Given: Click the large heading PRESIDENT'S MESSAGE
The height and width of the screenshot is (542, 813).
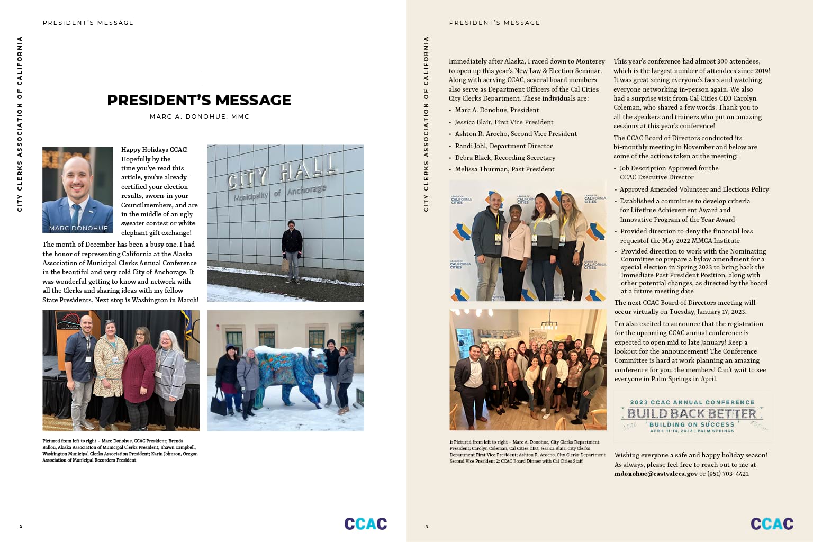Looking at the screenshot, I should (199, 100).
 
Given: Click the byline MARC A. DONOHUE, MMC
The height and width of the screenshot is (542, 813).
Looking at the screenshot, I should (200, 116).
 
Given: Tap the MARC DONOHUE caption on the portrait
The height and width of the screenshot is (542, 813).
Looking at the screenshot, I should (78, 228).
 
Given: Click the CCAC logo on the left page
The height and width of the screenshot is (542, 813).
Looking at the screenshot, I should (365, 524).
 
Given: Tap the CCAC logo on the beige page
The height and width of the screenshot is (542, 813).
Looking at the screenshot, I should (772, 524).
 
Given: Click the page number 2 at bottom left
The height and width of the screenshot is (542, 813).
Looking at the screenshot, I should (21, 527).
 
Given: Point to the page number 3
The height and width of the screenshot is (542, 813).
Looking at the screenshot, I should (427, 527).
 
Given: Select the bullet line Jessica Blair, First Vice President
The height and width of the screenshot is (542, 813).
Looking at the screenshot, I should (504, 122).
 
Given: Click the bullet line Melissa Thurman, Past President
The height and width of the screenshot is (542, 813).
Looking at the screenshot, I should (504, 169).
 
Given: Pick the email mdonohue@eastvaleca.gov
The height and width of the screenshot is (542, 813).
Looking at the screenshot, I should (656, 474).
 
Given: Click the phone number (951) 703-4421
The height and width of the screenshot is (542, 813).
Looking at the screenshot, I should (728, 474).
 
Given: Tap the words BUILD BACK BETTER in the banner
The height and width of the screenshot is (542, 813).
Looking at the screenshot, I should (692, 413).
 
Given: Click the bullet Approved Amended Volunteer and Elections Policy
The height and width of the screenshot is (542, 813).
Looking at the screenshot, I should (694, 189).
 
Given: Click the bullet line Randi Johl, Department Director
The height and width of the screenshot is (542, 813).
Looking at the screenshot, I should (503, 146).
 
